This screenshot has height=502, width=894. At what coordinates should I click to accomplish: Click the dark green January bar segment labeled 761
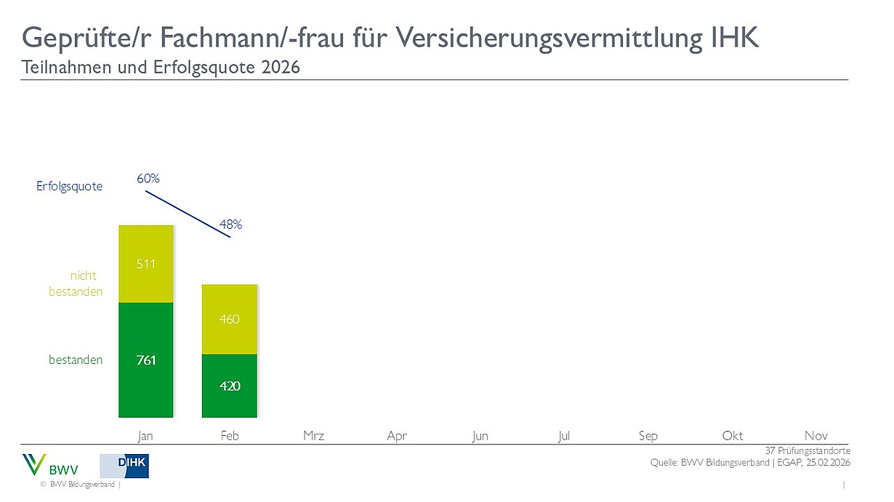pos(146,360)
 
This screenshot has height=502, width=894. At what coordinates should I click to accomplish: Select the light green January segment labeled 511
pos(146,264)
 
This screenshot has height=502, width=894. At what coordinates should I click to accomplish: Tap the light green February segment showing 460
pos(229,319)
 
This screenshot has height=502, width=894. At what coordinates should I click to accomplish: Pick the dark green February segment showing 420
pos(229,386)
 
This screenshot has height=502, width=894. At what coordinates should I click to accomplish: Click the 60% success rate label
pos(148,178)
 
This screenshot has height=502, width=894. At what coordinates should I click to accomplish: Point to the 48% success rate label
pos(230,225)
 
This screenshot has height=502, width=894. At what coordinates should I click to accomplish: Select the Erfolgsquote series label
pos(70,187)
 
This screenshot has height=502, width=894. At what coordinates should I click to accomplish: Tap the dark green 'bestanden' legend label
pos(76,360)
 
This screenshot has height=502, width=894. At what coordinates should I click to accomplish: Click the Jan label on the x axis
pos(146,436)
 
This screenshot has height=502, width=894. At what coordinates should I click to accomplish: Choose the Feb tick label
pos(229,436)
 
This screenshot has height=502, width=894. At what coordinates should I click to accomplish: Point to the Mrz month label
pos(313,436)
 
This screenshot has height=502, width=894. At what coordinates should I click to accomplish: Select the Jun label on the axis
pos(480,436)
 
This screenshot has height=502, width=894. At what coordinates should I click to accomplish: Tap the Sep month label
pos(648,436)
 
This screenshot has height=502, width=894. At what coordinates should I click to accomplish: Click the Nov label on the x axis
pos(816,436)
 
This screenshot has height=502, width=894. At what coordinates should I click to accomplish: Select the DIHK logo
pos(124,466)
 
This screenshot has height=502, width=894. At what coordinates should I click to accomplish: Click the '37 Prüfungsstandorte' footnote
pos(807,451)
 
